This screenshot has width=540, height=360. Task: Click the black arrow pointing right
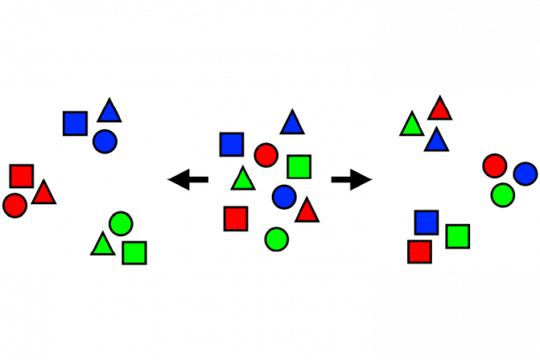(x=352, y=180)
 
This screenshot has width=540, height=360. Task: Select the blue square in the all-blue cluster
(x=75, y=123)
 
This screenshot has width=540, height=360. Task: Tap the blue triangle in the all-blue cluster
(x=110, y=111)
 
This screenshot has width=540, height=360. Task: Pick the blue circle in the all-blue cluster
(x=104, y=141)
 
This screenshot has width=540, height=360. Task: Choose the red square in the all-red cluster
(x=22, y=176)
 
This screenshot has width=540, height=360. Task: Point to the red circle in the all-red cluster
(x=14, y=205)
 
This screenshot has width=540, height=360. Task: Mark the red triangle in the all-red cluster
(x=43, y=193)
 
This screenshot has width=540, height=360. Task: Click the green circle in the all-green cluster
(x=120, y=224)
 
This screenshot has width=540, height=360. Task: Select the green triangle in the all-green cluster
(x=103, y=244)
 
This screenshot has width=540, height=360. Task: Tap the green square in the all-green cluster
(x=135, y=252)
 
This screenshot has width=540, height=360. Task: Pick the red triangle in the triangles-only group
(x=440, y=109)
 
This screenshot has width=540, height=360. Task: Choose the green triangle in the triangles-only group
(x=411, y=125)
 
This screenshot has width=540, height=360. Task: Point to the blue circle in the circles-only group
(x=525, y=173)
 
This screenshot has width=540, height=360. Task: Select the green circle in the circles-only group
(x=502, y=194)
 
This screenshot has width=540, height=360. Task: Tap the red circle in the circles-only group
(x=494, y=165)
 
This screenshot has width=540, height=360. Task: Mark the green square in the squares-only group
(x=458, y=236)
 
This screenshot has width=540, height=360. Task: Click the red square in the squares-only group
(x=420, y=251)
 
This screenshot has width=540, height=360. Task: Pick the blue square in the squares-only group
(x=427, y=222)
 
